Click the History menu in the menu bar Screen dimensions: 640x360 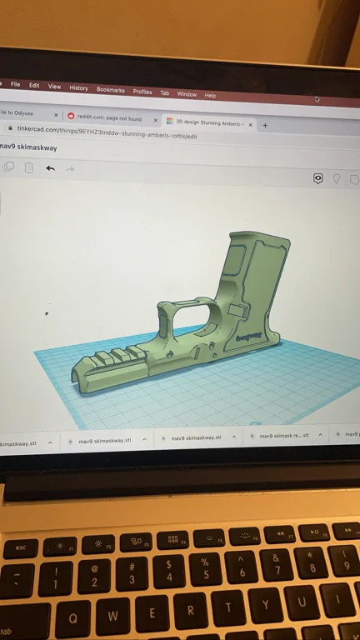click(x=78, y=87)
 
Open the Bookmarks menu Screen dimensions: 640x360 click(x=110, y=90)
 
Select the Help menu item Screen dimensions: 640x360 click(x=210, y=95)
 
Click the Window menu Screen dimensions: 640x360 click(x=187, y=94)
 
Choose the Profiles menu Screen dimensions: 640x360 click(x=142, y=92)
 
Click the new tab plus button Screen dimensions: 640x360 click(x=265, y=125)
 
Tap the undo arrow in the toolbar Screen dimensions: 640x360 click(x=50, y=168)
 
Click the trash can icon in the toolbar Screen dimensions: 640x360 click(x=29, y=167)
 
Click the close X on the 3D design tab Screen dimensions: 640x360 click(x=250, y=124)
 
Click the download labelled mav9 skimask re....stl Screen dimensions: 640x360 click(x=283, y=436)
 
